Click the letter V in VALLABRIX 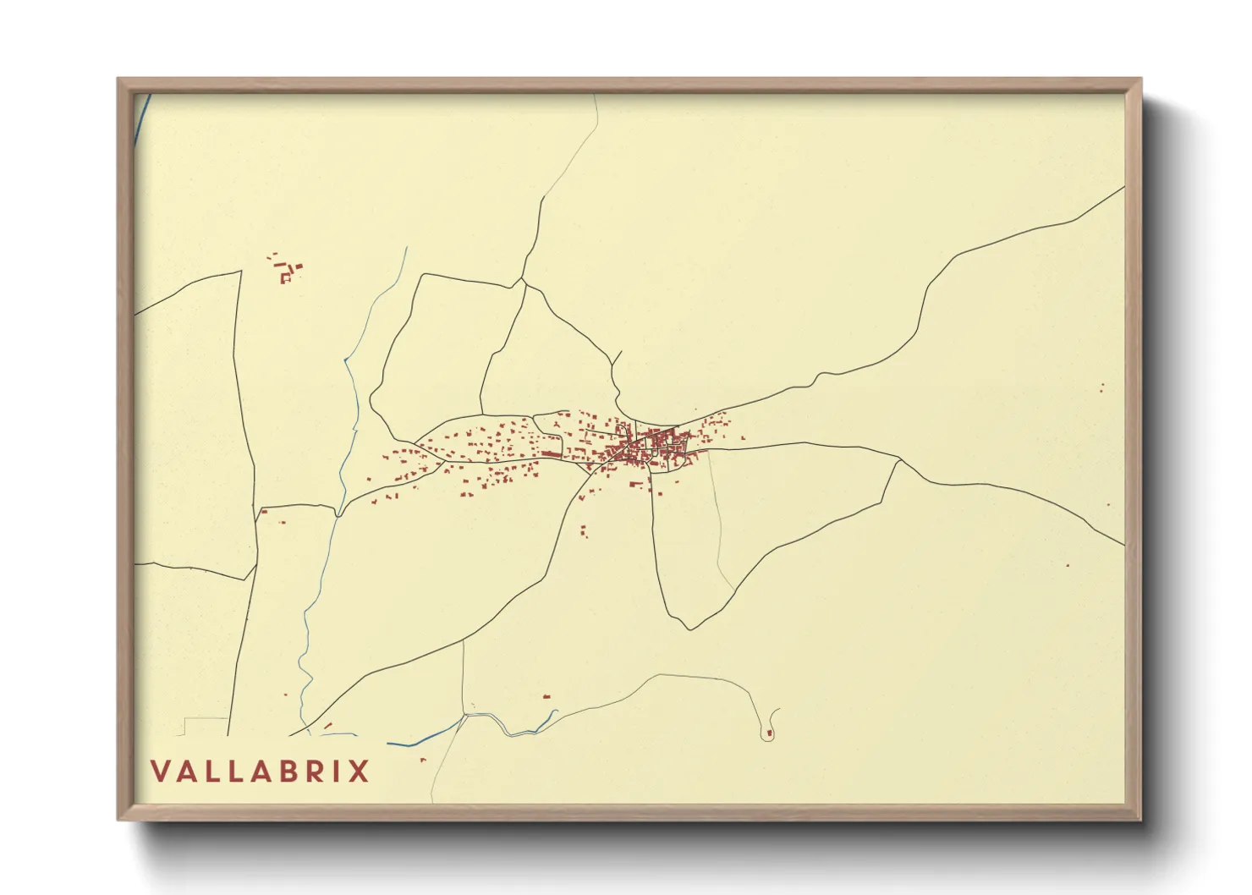tap(159, 771)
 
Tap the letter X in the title tap(360, 771)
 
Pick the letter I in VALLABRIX tap(335, 771)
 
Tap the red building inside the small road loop tap(769, 733)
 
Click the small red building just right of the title tap(423, 760)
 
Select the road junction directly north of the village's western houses tap(523, 280)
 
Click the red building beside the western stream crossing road tap(263, 511)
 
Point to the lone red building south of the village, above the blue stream tap(546, 696)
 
